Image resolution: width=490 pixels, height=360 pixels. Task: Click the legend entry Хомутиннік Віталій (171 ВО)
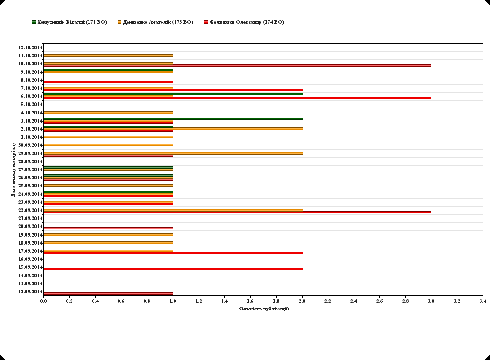pos(69,22)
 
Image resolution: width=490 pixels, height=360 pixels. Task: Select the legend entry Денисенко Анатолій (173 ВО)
pos(155,22)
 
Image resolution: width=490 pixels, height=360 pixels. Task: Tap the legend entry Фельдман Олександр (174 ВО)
pos(243,22)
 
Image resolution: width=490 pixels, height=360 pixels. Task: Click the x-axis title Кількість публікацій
pos(263,309)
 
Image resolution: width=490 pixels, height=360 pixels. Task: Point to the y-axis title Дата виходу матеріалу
pos(13,169)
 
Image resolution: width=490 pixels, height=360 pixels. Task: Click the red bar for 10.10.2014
pos(237,66)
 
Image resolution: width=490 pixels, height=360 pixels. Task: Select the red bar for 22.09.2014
pos(237,212)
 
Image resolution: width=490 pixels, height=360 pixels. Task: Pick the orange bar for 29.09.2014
pos(173,153)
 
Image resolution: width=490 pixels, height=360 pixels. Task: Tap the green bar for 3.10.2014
pos(173,119)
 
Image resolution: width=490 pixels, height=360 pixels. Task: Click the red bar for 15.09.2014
pos(173,269)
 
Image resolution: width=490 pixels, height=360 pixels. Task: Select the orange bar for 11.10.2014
pos(108,55)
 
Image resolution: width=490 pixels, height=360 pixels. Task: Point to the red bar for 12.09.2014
pos(108,293)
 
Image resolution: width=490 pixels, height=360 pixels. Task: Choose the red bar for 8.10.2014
pos(108,82)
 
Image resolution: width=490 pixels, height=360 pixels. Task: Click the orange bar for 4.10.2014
pos(108,113)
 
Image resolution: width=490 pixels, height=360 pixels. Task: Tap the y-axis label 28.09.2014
pos(30,161)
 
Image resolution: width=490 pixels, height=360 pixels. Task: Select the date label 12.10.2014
pos(30,47)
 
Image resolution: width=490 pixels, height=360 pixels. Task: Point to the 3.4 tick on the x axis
pos(482,301)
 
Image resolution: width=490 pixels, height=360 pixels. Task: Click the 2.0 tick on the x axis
pos(302,301)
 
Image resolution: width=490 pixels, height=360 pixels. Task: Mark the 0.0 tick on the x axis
pos(43,301)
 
